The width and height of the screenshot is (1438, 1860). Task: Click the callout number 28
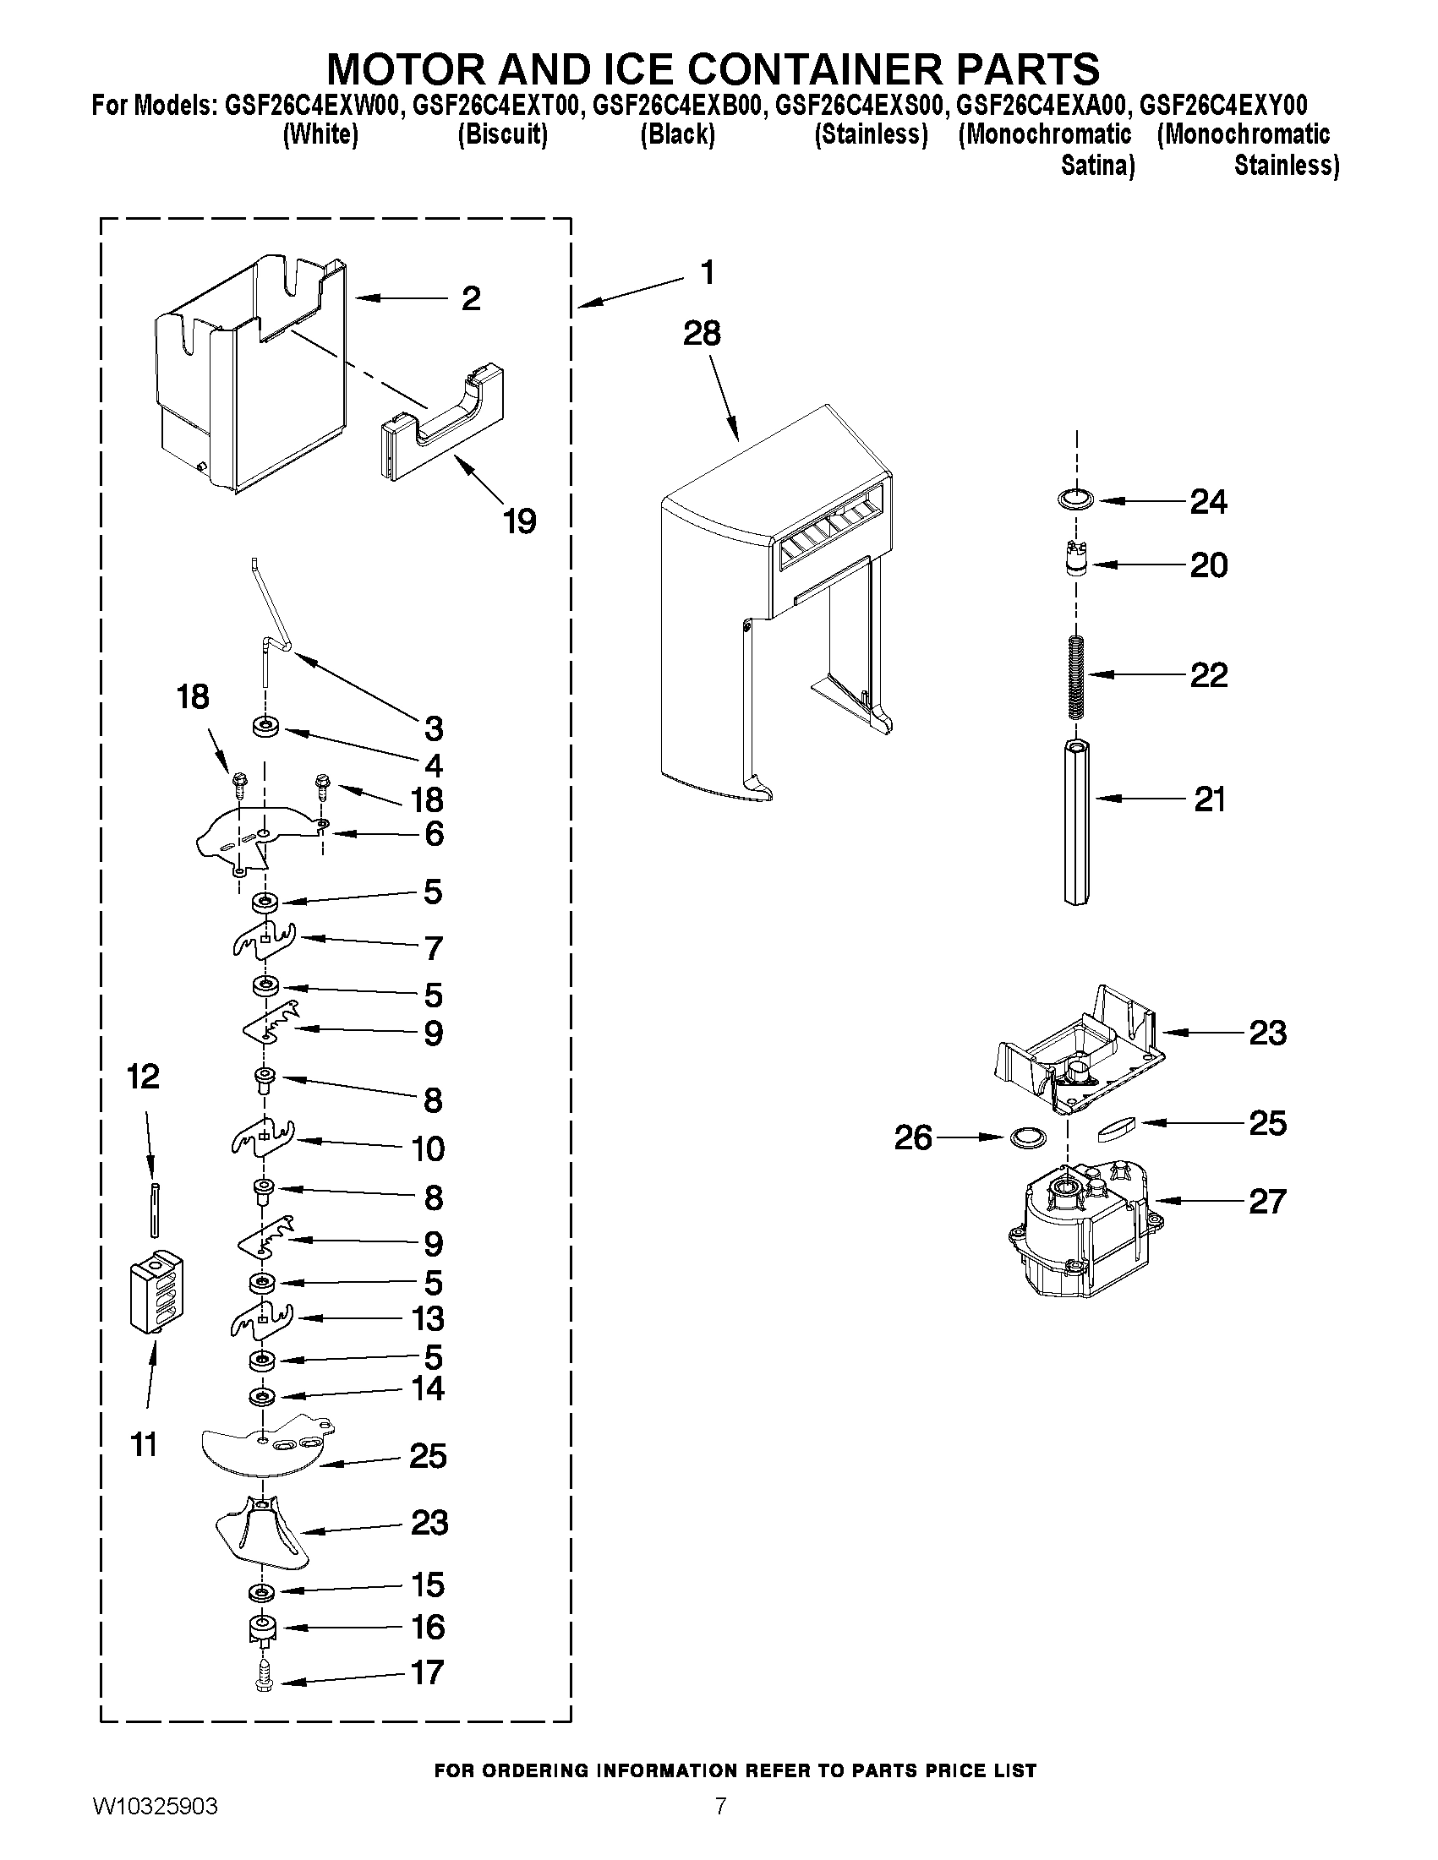(701, 333)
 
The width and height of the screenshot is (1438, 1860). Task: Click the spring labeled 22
(1076, 675)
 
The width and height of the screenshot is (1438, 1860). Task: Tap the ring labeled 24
(1076, 500)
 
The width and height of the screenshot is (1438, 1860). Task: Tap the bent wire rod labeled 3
(271, 626)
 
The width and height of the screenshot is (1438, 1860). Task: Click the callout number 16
(428, 1627)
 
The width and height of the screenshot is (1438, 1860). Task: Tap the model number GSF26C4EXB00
(677, 106)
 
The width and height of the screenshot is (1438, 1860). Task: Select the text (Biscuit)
(502, 134)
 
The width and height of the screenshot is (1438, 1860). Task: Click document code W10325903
(154, 1830)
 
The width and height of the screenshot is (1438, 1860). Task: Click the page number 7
(720, 1830)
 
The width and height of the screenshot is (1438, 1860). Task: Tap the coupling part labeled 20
(1078, 563)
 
